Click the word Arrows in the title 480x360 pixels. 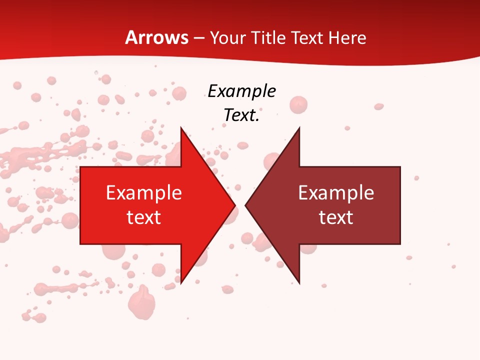tap(156, 37)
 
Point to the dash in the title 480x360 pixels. tap(199, 38)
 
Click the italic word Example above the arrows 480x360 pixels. tap(241, 91)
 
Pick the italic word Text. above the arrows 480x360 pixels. tap(241, 115)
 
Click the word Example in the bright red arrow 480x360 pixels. tap(143, 193)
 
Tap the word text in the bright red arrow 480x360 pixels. tap(143, 217)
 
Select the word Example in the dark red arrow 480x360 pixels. tap(336, 193)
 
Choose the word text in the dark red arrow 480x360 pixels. tap(336, 217)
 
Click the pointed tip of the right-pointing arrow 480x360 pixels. tap(235, 205)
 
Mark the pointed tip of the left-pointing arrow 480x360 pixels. tap(245, 205)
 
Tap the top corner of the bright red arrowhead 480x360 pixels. tap(181, 128)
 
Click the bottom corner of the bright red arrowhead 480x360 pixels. tap(181, 283)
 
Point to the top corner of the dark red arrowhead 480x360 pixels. tap(299, 128)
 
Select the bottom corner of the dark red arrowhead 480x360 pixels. tap(299, 283)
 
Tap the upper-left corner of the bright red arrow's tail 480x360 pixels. tap(80, 167)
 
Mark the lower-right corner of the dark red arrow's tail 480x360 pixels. tap(400, 244)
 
